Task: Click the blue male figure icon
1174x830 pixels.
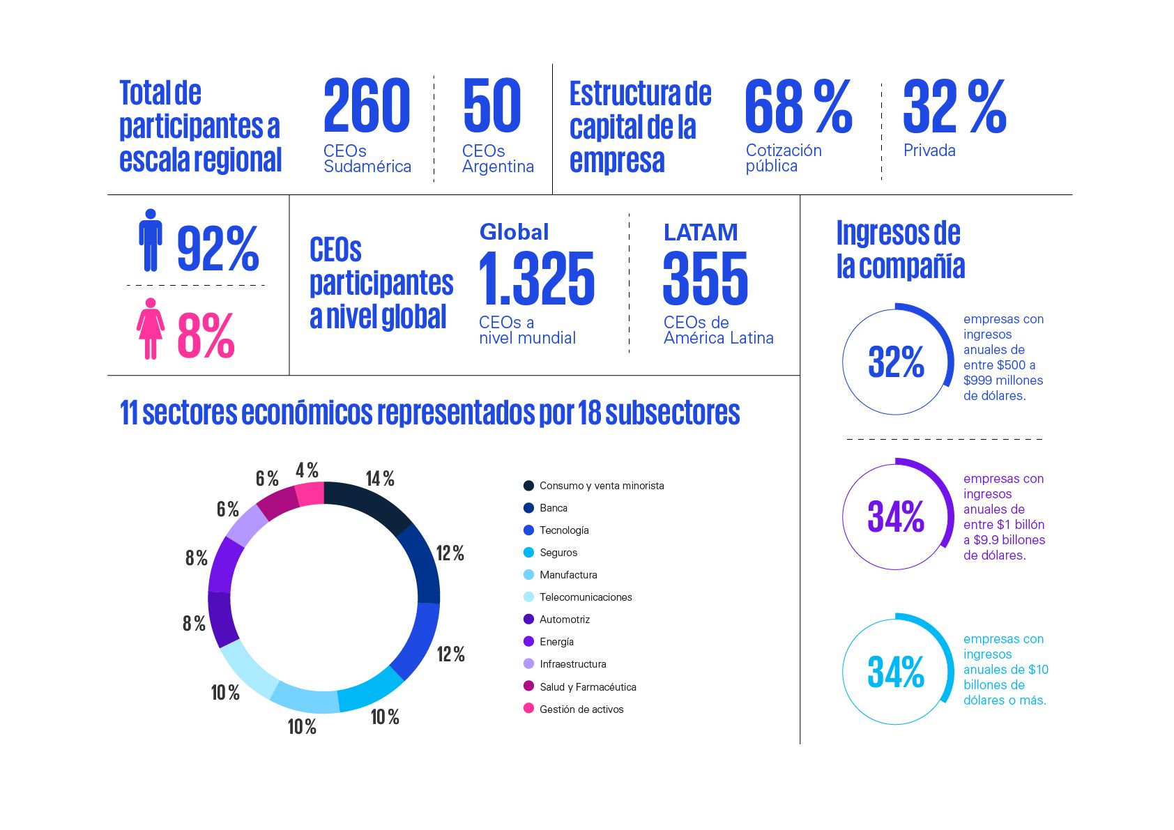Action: click(150, 240)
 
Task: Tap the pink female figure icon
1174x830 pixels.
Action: click(150, 328)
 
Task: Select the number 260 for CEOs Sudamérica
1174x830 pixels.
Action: click(367, 105)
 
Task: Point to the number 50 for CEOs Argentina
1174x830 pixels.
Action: click(491, 105)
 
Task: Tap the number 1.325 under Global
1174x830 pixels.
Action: click(537, 279)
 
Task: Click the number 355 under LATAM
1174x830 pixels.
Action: click(706, 279)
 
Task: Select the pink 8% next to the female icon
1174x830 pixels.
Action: click(206, 335)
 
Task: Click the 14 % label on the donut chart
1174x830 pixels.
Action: click(380, 479)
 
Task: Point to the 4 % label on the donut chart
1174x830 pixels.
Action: click(307, 470)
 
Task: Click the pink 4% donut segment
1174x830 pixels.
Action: click(310, 493)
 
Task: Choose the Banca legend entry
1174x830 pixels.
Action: click(553, 508)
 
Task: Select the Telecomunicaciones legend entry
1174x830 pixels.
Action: click(586, 597)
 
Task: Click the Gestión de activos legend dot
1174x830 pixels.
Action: click(528, 709)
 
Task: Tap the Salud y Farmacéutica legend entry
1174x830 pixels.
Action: click(588, 686)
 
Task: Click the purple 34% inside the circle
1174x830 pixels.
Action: click(896, 516)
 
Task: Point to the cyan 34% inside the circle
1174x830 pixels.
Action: click(896, 672)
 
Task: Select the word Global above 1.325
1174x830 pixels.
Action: click(514, 232)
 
